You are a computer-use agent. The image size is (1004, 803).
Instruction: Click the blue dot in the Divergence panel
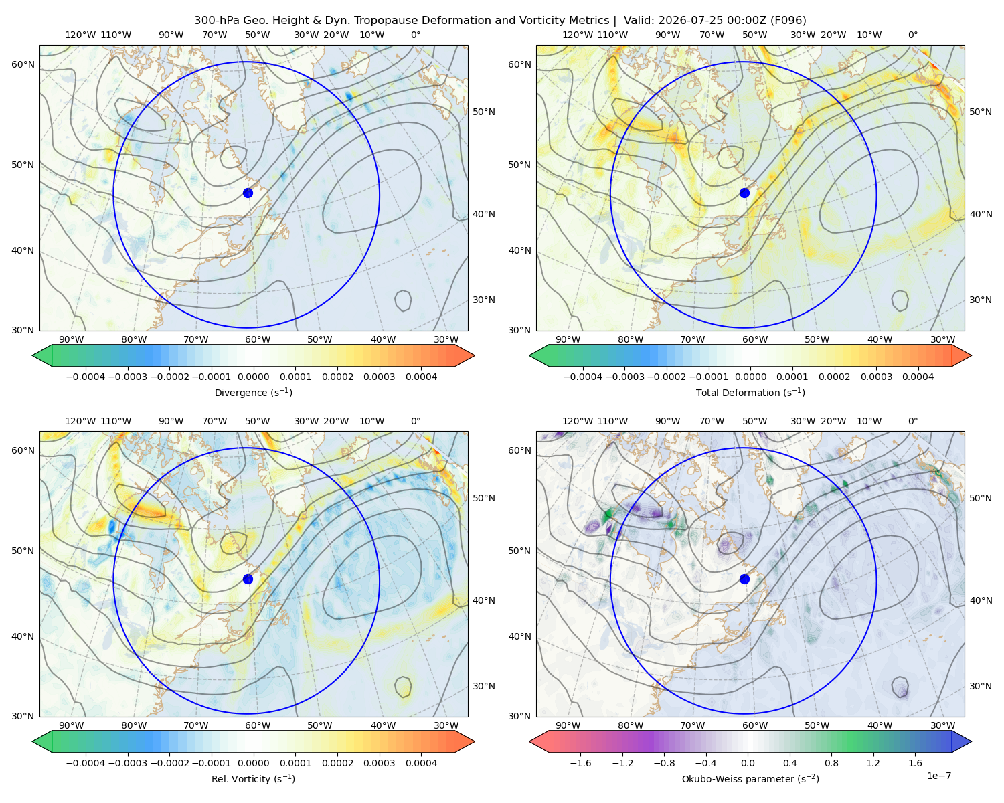(248, 193)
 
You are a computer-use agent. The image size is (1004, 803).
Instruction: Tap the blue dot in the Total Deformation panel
(744, 193)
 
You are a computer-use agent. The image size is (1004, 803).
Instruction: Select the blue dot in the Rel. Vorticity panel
(248, 579)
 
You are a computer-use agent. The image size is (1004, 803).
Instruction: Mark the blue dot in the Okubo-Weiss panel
(744, 579)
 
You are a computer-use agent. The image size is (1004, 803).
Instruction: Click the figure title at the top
(500, 20)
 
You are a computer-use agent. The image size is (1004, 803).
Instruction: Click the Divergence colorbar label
(253, 392)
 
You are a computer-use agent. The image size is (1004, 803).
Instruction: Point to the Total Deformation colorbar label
(750, 392)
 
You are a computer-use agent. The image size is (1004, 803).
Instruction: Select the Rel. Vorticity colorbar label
(253, 778)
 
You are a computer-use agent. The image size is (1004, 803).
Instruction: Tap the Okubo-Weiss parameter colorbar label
(750, 778)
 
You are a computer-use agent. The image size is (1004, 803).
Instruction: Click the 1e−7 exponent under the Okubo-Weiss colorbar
(938, 776)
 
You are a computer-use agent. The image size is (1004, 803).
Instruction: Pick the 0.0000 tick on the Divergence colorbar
(253, 377)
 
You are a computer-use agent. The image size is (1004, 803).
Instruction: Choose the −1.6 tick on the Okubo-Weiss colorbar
(580, 762)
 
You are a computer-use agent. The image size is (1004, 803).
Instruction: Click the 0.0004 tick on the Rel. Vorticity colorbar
(421, 762)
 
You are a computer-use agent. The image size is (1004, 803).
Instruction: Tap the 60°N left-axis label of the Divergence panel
(23, 64)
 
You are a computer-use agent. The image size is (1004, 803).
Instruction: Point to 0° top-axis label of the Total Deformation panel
(912, 35)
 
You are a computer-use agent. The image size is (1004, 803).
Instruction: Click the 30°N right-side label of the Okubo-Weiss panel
(981, 685)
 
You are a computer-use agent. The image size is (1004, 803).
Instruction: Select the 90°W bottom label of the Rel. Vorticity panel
(72, 725)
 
